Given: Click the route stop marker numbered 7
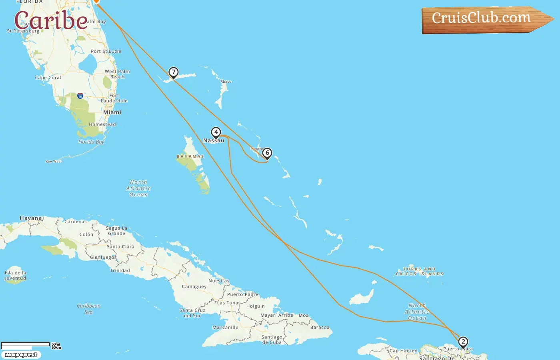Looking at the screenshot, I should point(173,72).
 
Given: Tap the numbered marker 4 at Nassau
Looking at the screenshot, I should point(216,132).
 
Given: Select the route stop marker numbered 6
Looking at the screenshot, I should point(267,153).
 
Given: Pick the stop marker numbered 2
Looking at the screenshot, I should point(463,342).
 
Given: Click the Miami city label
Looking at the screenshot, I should point(112,112).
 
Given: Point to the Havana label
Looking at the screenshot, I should point(31,218).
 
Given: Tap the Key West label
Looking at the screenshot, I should point(54,162).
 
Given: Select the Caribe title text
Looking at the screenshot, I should point(51,20).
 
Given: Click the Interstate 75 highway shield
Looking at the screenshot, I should point(80,96).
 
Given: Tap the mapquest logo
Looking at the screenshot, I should point(21,355).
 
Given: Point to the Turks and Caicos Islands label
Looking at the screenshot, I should point(420,272).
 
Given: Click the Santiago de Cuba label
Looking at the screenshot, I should point(272,340).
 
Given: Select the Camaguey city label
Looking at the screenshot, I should point(194,286).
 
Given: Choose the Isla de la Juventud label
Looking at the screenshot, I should point(15,275).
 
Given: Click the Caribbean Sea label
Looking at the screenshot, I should point(88,309).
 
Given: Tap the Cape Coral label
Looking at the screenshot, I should point(48,78).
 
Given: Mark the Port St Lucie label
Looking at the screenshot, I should point(106,51).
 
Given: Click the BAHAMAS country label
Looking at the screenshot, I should point(190,156).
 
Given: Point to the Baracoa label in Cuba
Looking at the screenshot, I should point(320,327).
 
